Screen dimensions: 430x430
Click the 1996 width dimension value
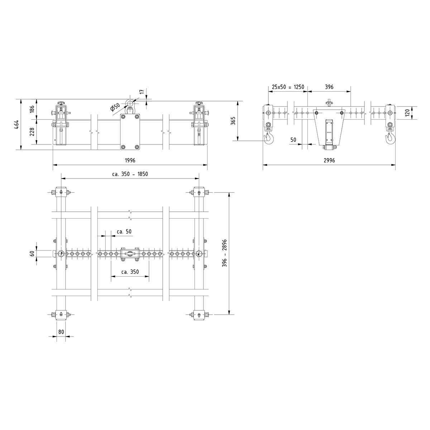pos(130,161)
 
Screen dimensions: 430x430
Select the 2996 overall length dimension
pos(329,161)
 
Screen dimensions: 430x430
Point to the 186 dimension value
pos(32,109)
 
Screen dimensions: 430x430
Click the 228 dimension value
pos(32,132)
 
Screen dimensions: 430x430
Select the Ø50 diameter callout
pos(115,107)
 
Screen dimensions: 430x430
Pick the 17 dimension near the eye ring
pos(142,92)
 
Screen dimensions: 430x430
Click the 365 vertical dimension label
pos(233,121)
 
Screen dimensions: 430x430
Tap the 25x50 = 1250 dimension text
pos(288,87)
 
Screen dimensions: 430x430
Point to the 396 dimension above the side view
pos(329,87)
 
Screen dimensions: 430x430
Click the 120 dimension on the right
pos(407,113)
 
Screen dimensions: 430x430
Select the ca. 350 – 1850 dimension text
pos(130,174)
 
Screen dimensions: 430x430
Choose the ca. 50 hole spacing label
pos(124,232)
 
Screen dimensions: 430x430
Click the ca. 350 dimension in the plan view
pos(130,272)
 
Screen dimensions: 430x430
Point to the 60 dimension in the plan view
pos(32,253)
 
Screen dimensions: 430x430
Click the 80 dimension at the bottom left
pos(61,332)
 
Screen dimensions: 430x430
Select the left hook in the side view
pos(268,138)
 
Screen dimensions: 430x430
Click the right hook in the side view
pos(390,138)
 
